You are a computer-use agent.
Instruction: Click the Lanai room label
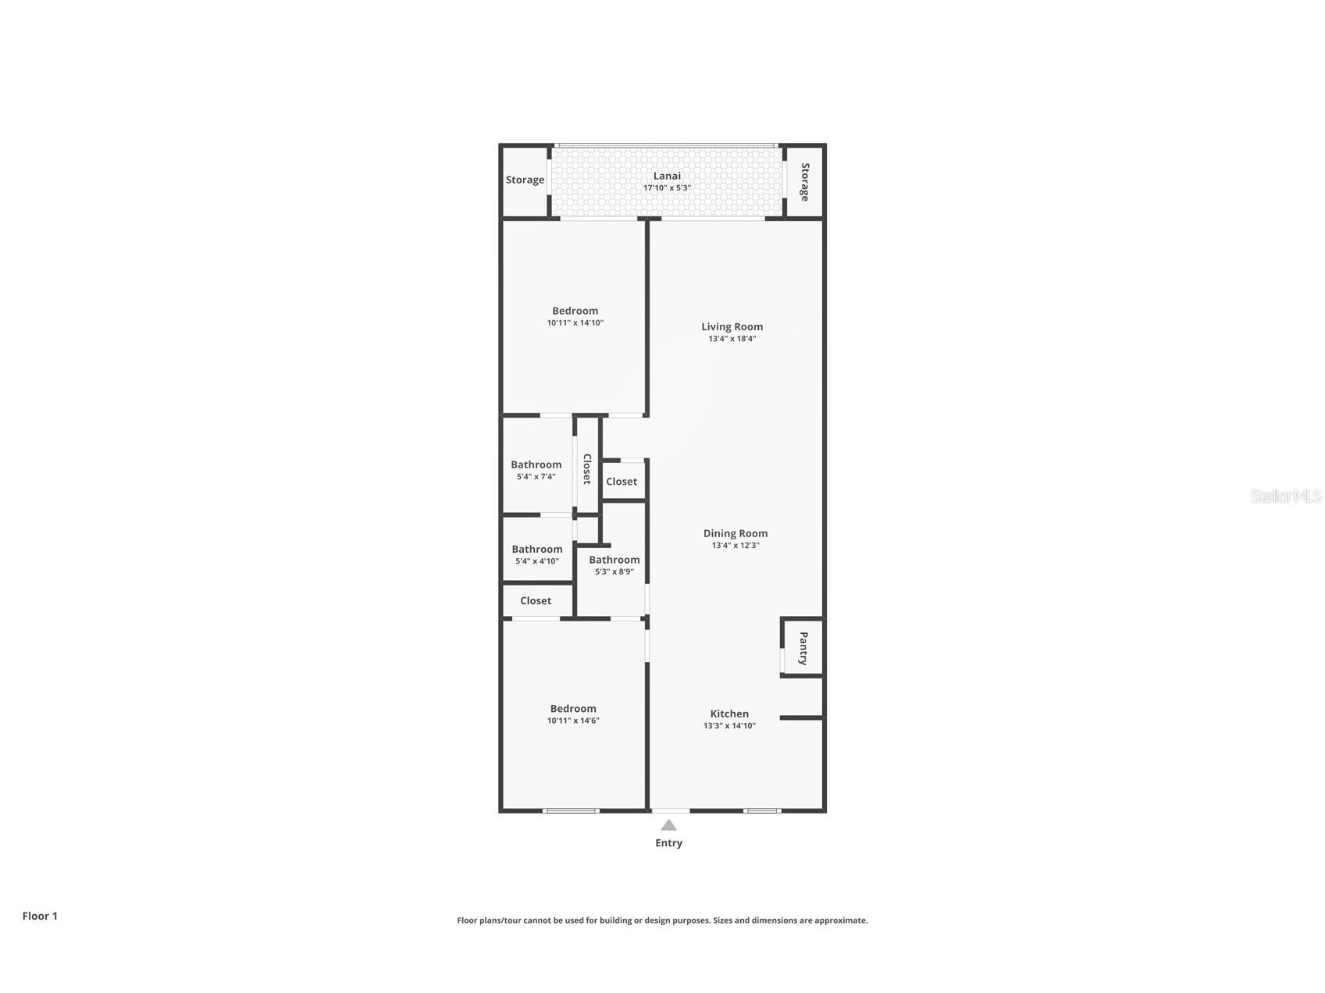point(667,176)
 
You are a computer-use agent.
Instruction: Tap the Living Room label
point(732,326)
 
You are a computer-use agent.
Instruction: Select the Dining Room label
point(735,533)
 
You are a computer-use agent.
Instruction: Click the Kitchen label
point(729,714)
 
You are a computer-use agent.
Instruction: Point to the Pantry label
point(803,649)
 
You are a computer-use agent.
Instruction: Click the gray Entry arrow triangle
point(668,825)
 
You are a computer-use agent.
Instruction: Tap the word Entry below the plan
point(668,843)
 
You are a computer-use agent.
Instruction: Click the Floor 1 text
point(40,916)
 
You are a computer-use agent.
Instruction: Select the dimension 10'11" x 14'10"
point(575,323)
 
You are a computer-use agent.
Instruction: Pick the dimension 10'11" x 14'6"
point(573,721)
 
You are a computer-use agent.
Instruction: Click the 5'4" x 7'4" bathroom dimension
point(536,476)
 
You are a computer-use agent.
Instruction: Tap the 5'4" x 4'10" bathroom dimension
point(536,561)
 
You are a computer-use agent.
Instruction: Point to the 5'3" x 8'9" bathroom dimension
point(614,571)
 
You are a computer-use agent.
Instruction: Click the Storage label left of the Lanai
point(525,180)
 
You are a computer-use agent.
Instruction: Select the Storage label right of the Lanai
point(805,182)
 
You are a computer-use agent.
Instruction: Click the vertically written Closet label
point(587,468)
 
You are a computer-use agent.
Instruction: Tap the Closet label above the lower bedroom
point(536,600)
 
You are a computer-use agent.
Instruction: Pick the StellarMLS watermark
point(1285,496)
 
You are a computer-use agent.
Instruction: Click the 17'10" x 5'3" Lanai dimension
point(667,188)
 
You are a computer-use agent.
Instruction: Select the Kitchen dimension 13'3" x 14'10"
point(729,726)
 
